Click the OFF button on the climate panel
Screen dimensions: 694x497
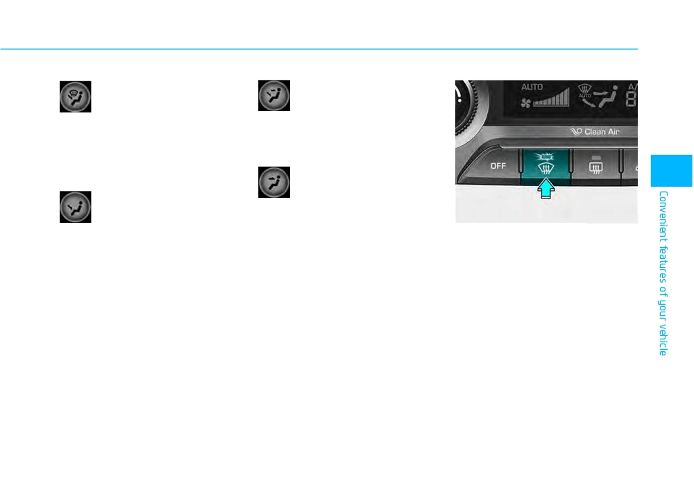click(x=498, y=166)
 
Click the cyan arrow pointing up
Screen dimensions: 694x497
click(x=546, y=189)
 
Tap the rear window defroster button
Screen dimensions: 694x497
click(x=595, y=166)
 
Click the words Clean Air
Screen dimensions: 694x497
click(x=602, y=131)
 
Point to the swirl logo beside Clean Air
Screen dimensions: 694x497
click(x=576, y=131)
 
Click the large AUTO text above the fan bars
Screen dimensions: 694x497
click(x=532, y=87)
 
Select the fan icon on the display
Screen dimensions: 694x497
click(x=526, y=103)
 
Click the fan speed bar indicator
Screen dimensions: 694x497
click(x=551, y=98)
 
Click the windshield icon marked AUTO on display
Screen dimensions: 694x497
click(x=584, y=91)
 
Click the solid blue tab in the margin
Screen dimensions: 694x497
click(x=671, y=170)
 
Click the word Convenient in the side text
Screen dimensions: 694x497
click(x=663, y=217)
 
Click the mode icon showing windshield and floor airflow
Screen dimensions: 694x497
click(x=75, y=96)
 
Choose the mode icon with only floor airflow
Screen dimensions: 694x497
click(x=75, y=207)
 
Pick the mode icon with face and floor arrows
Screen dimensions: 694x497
click(x=274, y=95)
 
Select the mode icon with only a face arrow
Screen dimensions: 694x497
click(x=274, y=182)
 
